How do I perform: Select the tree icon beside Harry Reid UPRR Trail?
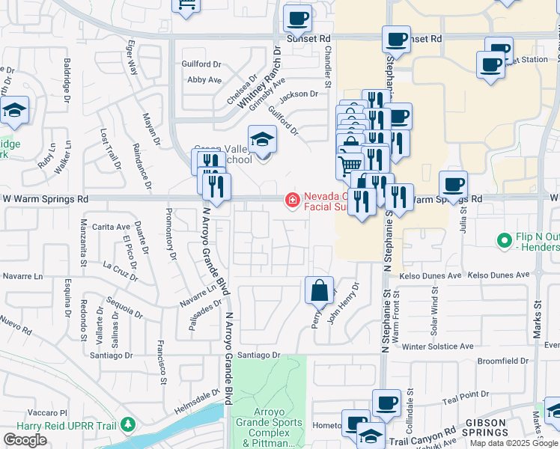pos(128,425)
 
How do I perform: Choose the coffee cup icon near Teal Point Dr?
pos(386,403)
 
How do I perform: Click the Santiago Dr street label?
pos(258,355)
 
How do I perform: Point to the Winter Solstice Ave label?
pos(438,346)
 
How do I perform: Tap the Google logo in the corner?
pos(25,440)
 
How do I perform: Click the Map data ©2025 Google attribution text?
pos(514,443)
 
